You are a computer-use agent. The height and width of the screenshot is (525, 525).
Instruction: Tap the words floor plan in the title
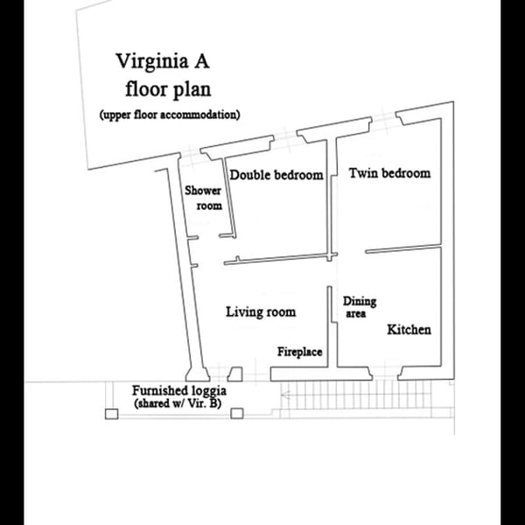pyautogui.click(x=168, y=89)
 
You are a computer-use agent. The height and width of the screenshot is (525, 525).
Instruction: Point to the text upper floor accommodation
pyautogui.click(x=170, y=115)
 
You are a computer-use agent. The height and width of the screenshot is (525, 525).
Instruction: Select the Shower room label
pyautogui.click(x=202, y=199)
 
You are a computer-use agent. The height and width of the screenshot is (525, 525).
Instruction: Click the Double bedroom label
pyautogui.click(x=276, y=175)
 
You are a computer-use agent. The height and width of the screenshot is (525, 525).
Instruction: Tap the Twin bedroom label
pyautogui.click(x=389, y=173)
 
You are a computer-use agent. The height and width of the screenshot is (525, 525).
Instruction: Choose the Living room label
pyautogui.click(x=261, y=311)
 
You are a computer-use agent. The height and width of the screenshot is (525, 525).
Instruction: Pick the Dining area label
pyautogui.click(x=359, y=306)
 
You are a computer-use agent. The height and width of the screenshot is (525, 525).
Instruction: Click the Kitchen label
pyautogui.click(x=409, y=330)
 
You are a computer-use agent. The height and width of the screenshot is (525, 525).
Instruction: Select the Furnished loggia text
pyautogui.click(x=179, y=390)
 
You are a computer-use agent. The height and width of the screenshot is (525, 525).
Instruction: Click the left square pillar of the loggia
pyautogui.click(x=111, y=414)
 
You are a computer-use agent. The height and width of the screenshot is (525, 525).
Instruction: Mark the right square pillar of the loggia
pyautogui.click(x=235, y=414)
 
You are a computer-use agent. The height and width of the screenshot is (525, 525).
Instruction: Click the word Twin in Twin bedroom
pyautogui.click(x=363, y=173)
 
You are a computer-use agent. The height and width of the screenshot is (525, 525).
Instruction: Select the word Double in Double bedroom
pyautogui.click(x=249, y=175)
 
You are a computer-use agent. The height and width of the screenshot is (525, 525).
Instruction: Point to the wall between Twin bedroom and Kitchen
pyautogui.click(x=402, y=250)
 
